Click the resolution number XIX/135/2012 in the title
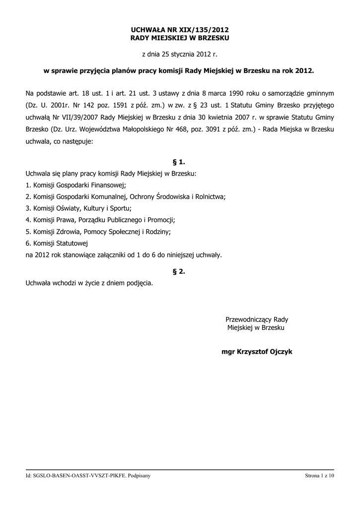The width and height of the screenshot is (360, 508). [x=204, y=30]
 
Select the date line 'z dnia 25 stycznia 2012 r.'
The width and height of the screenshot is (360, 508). [x=180, y=54]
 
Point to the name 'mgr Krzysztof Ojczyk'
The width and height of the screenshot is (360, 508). [x=257, y=352]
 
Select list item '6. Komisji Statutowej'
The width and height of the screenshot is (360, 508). [x=56, y=243]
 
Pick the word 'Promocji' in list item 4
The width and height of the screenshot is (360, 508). [x=162, y=220]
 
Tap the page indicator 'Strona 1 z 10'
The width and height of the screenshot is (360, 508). [x=320, y=476]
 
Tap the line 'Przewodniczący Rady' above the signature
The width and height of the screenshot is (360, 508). [x=257, y=319]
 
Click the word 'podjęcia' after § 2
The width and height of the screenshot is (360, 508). [x=140, y=284]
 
